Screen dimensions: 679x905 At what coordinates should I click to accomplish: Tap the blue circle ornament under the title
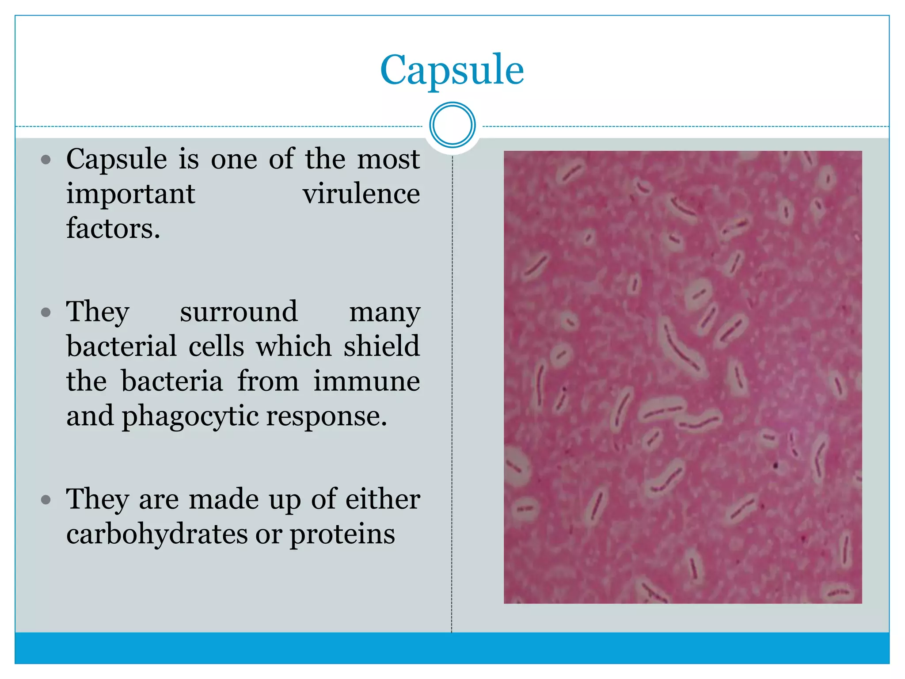[452, 125]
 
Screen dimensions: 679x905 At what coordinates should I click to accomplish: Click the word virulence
[361, 194]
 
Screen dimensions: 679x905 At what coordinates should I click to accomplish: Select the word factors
[113, 229]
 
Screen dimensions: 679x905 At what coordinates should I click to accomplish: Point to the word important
[131, 194]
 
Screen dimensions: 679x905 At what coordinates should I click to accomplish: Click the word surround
[239, 312]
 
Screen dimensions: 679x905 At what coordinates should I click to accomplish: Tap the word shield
[382, 346]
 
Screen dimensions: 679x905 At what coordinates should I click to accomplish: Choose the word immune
[366, 381]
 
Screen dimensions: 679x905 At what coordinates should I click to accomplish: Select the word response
[327, 416]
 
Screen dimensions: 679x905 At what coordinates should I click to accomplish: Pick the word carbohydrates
[157, 534]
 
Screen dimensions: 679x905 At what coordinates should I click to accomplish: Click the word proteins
[342, 534]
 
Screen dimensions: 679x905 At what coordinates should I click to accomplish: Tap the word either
[382, 499]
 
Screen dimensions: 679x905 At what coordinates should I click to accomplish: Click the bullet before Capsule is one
[46, 160]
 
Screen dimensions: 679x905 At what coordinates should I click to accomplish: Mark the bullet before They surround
[46, 313]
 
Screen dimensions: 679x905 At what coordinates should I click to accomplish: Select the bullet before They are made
[46, 500]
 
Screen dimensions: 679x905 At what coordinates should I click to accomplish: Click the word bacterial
[122, 346]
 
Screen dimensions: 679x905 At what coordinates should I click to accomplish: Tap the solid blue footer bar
[452, 648]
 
